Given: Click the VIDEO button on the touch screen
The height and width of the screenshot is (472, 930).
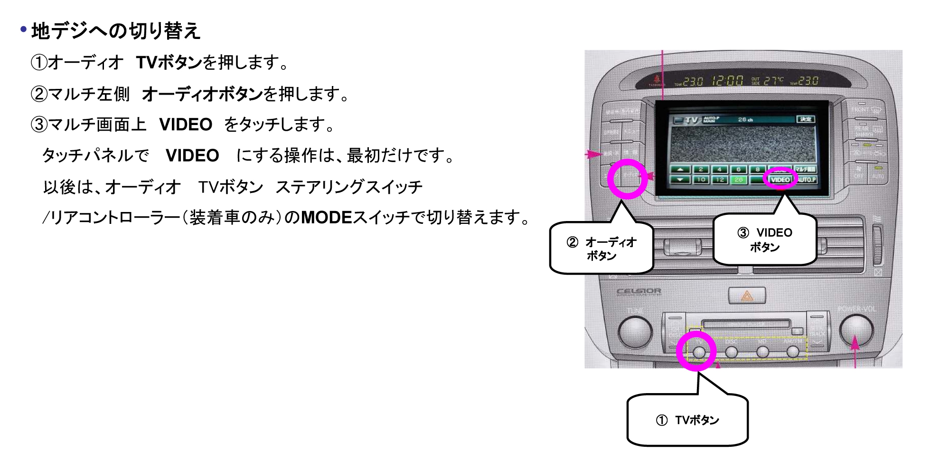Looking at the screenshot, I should (780, 180).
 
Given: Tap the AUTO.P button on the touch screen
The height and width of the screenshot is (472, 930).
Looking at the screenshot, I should (807, 180).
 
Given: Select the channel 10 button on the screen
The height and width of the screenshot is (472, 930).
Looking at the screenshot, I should (701, 180).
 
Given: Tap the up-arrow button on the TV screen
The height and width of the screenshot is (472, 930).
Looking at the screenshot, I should (680, 169).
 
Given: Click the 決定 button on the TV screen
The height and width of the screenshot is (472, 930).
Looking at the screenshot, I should (806, 119).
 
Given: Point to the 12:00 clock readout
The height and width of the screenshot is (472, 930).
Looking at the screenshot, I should (727, 81).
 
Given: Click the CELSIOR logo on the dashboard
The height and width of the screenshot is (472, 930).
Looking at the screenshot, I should (638, 291).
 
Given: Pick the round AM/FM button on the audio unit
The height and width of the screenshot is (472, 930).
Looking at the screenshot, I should (792, 352).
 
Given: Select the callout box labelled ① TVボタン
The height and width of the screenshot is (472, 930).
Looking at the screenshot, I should (687, 420).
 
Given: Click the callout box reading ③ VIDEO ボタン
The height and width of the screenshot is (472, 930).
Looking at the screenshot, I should (764, 240).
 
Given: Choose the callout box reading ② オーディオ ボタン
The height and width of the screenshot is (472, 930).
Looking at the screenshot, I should (601, 249).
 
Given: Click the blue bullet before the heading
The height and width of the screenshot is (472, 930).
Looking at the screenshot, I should (23, 30).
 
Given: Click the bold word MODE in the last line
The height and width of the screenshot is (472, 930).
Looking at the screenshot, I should (326, 218).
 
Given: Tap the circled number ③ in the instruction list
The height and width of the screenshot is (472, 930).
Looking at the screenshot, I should (39, 125).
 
